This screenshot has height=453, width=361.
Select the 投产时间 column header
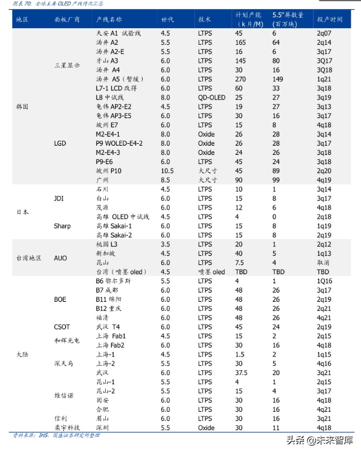[330, 19]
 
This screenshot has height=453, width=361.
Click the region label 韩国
[22, 106]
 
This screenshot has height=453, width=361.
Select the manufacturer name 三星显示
[66, 65]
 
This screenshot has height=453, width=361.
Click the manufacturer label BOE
[60, 299]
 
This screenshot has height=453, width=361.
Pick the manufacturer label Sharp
[62, 226]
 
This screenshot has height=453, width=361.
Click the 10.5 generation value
[167, 170]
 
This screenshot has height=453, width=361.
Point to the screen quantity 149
[278, 79]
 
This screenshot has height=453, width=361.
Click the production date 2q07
[323, 32]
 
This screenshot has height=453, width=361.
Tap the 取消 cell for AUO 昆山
[323, 262]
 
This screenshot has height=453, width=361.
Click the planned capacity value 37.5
[241, 372]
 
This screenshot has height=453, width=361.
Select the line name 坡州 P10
[109, 170]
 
